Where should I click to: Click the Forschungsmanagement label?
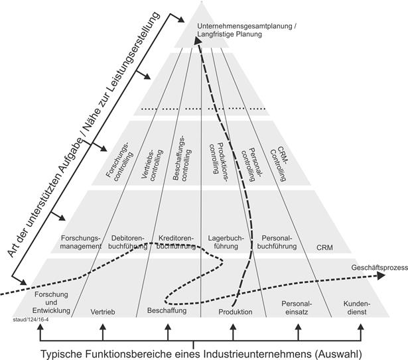(80, 241)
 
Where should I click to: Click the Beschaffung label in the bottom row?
(167, 310)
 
